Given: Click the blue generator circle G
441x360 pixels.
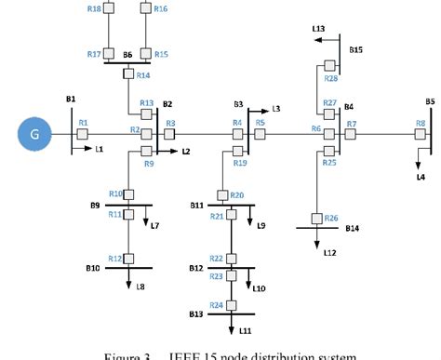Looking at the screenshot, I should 34,135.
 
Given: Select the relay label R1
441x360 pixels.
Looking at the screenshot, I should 83,122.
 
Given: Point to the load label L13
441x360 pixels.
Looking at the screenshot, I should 318,29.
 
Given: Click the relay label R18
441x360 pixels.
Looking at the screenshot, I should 94,8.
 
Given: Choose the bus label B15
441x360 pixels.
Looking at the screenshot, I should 356,49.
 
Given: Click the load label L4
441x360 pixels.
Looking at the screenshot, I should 421,176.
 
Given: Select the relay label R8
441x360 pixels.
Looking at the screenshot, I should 421,122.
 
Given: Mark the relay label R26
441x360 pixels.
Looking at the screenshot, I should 331,218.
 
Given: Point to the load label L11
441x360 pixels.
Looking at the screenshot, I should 246,330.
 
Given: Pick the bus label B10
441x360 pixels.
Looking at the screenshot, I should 94,268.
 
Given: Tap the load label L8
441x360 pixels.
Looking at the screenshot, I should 140,287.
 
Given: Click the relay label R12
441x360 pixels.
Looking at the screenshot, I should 114,258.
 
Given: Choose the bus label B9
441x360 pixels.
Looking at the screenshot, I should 95,205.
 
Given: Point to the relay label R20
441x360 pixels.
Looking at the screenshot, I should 237,194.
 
